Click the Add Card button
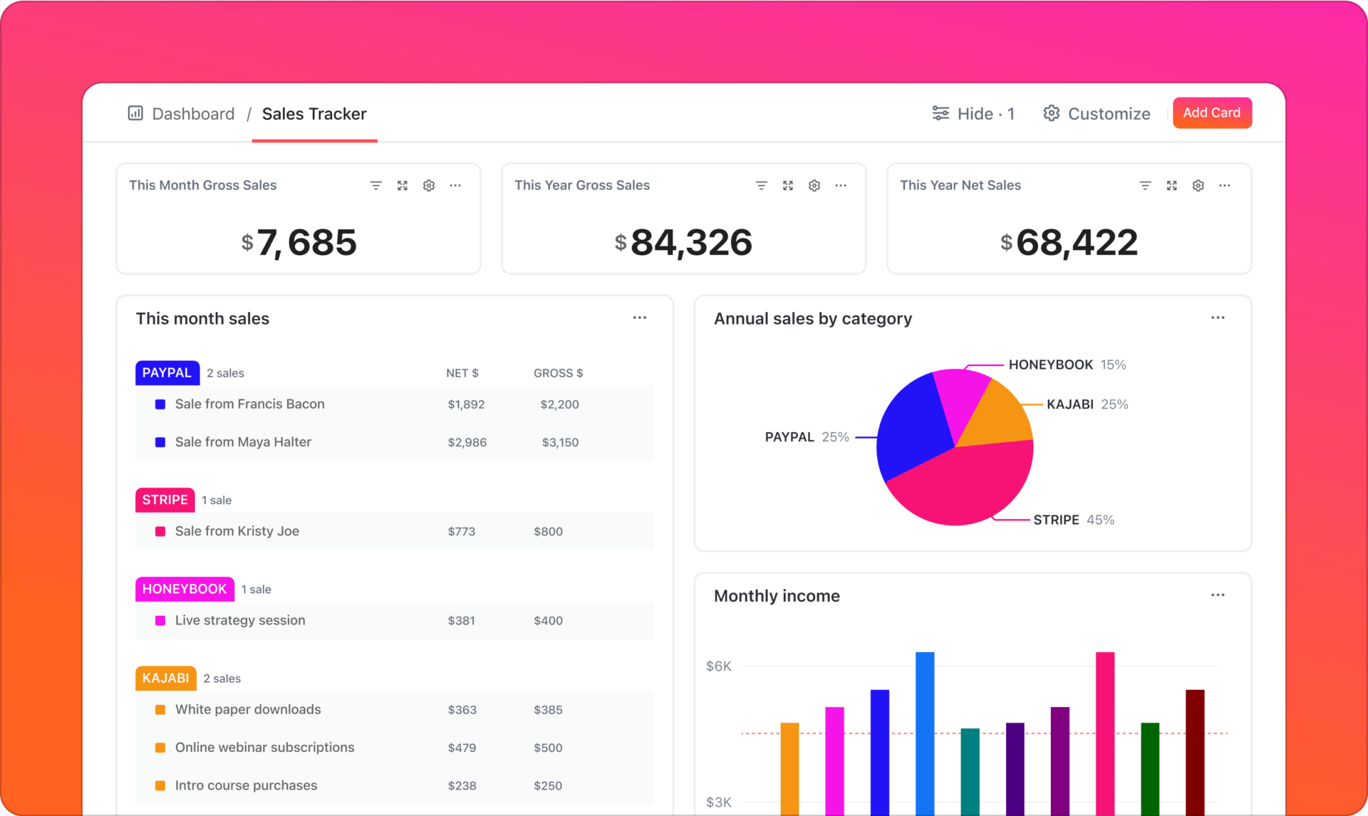click(1211, 113)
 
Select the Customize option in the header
click(1097, 114)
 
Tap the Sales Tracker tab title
click(314, 114)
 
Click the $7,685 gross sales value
click(299, 243)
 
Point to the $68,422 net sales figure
click(1069, 243)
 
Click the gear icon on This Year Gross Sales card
click(814, 186)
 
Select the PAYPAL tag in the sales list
click(167, 373)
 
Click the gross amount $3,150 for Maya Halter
click(560, 442)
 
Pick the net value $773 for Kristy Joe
click(461, 531)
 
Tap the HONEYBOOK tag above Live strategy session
click(185, 589)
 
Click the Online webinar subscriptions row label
click(264, 748)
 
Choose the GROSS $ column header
click(558, 373)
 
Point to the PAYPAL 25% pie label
click(807, 437)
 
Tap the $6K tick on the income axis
click(718, 666)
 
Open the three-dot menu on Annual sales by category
click(1218, 318)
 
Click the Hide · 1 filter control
click(973, 114)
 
